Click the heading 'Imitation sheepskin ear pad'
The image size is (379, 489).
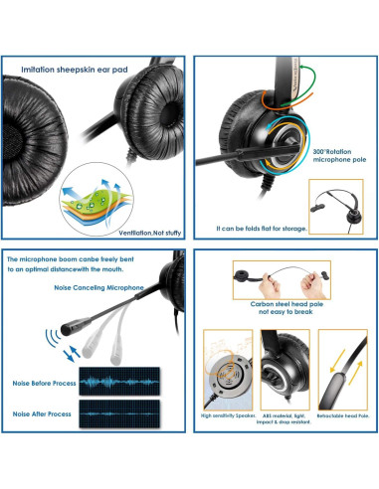tap(82, 70)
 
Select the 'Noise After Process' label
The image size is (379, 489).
tap(40, 410)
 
